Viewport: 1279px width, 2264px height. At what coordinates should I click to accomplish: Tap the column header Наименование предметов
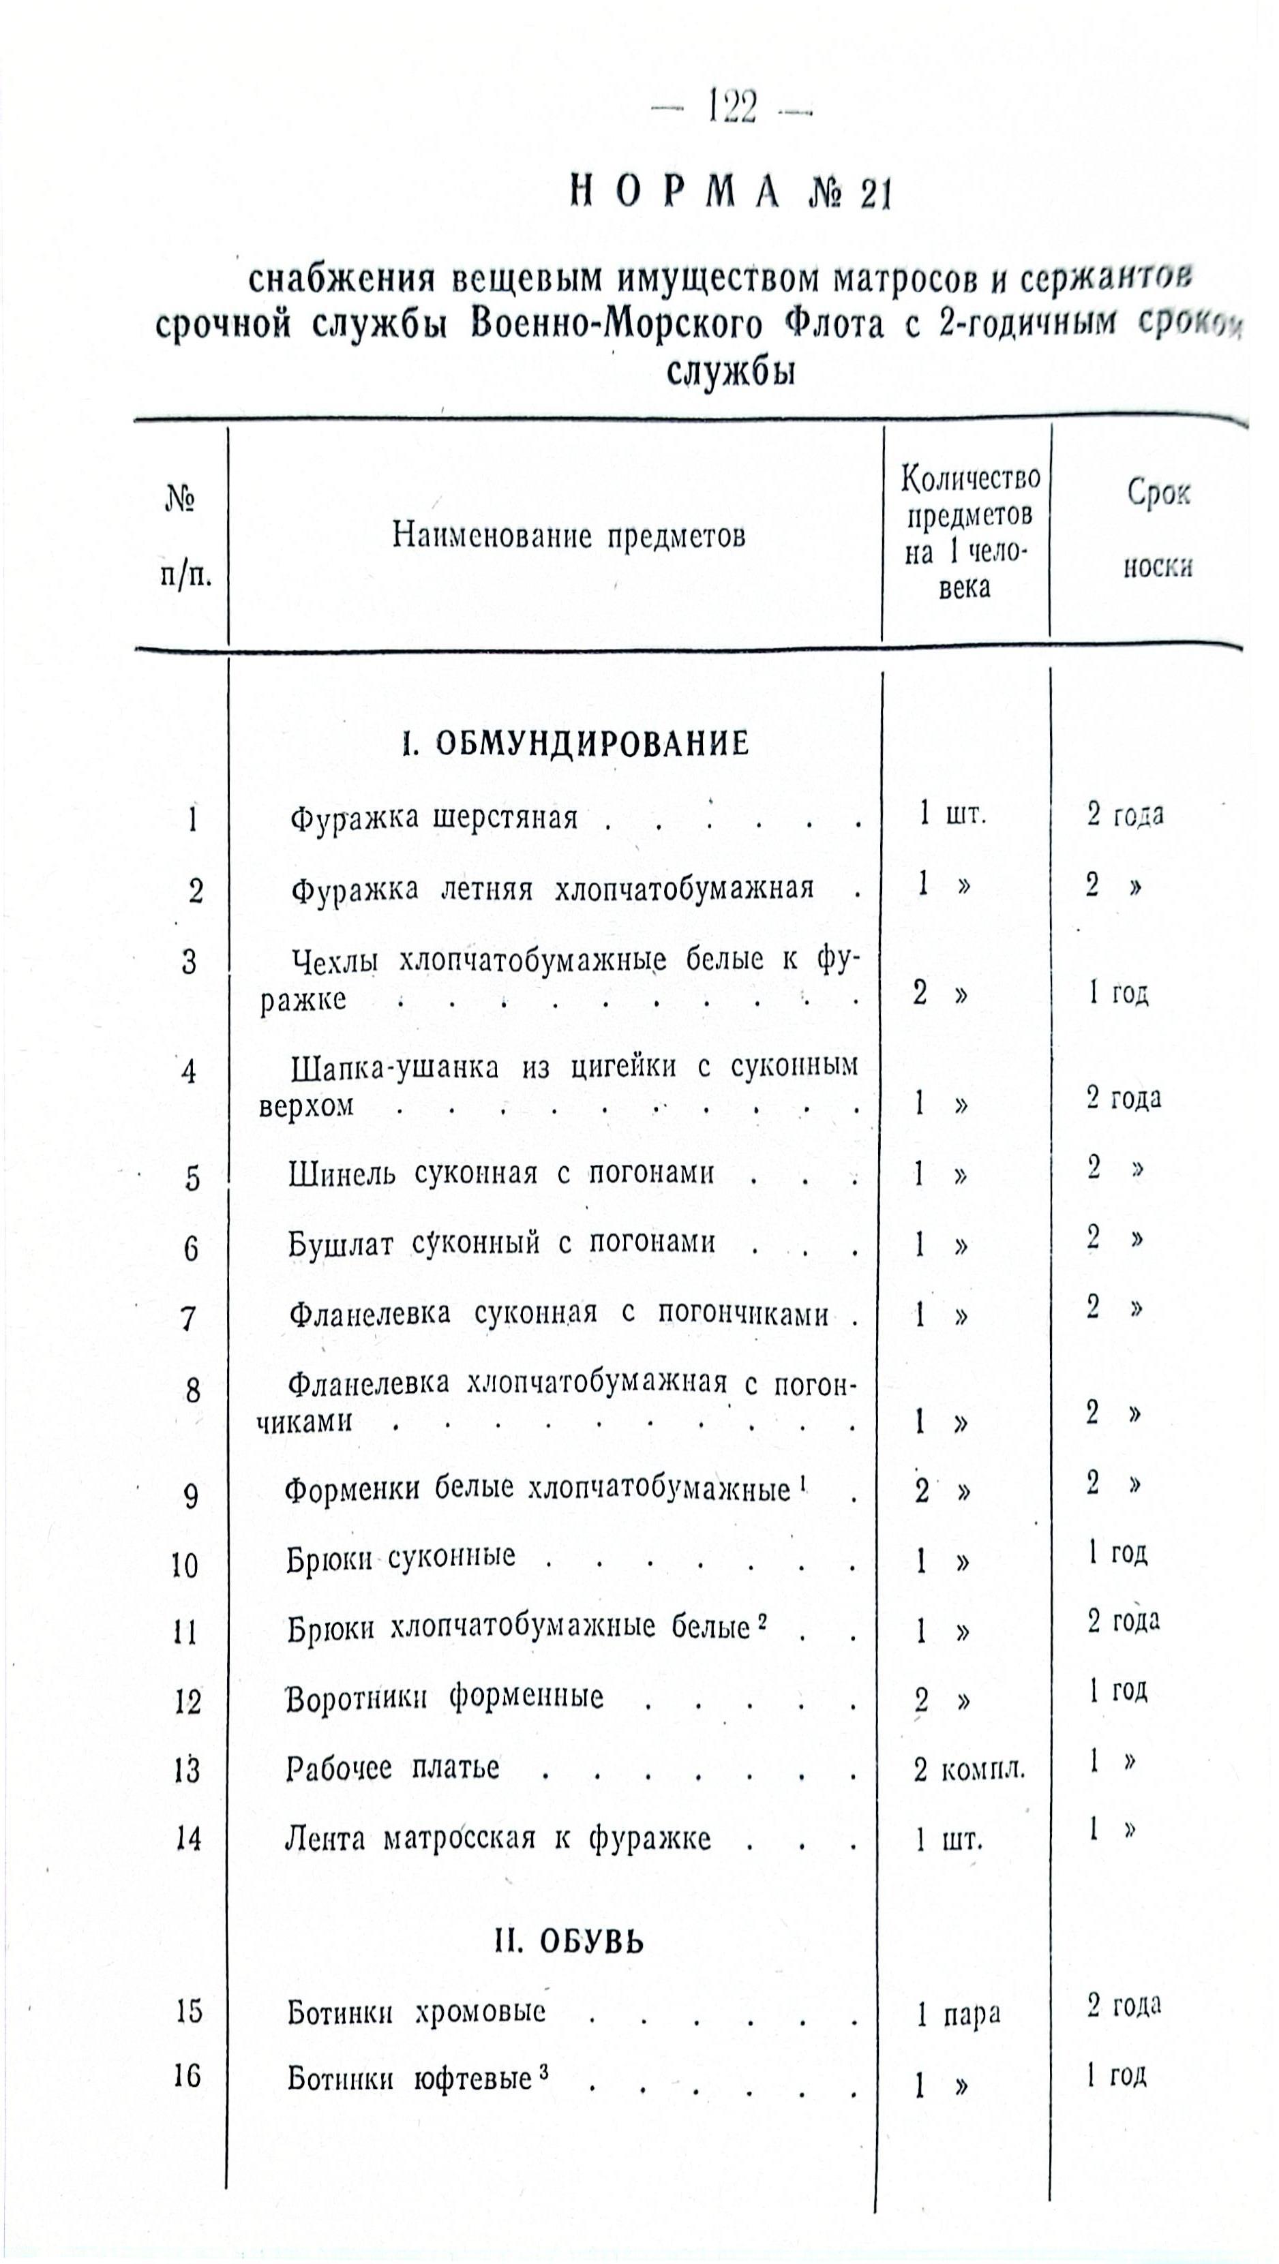(569, 534)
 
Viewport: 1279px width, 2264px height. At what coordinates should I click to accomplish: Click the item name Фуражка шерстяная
(434, 819)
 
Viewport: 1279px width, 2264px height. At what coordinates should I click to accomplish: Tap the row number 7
(188, 1318)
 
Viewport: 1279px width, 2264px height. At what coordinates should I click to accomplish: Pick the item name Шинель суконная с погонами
(501, 1174)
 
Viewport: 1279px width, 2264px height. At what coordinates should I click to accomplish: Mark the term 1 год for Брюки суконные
(1117, 1554)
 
